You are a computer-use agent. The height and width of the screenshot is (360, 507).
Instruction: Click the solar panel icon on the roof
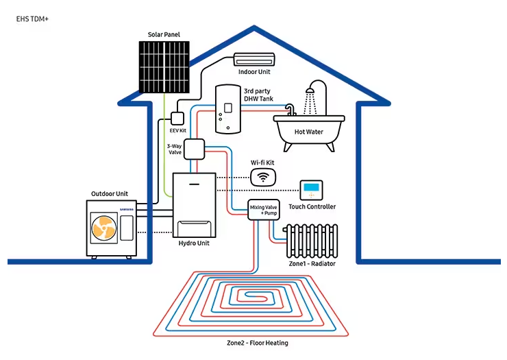click(164, 67)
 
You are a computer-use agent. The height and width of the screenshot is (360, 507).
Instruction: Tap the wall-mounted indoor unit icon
click(254, 60)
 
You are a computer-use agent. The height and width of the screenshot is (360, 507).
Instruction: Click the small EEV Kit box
click(177, 117)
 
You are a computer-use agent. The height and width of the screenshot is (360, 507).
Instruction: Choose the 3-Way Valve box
click(195, 149)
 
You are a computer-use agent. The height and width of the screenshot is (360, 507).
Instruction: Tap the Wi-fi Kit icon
click(261, 178)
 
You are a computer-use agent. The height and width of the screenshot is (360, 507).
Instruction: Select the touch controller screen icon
click(312, 189)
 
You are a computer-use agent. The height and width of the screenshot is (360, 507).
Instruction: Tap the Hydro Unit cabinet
click(194, 205)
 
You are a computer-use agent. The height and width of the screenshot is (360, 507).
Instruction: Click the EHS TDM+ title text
click(32, 19)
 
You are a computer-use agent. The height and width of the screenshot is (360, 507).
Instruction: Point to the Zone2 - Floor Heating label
click(258, 343)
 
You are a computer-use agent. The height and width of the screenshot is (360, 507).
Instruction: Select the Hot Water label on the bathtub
click(308, 132)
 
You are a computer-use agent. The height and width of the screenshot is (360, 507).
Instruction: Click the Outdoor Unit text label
click(110, 194)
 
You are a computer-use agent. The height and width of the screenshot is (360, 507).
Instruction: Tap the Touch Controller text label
click(312, 206)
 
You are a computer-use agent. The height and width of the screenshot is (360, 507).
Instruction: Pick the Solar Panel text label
click(163, 34)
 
